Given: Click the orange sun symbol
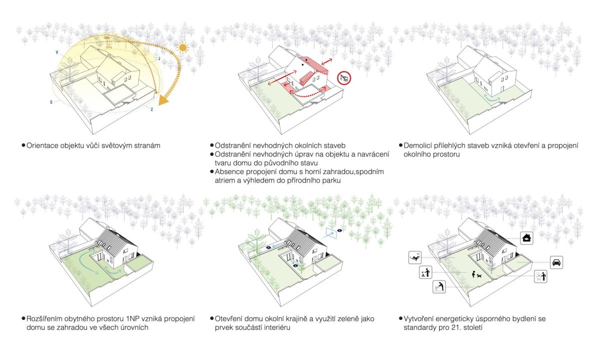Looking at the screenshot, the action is pyautogui.click(x=182, y=47).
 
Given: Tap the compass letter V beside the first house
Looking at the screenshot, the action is pyautogui.click(x=57, y=52).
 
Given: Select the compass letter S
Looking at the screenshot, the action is pyautogui.click(x=51, y=102).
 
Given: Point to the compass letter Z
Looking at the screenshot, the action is pyautogui.click(x=152, y=109).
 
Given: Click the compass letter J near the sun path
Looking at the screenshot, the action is pyautogui.click(x=159, y=58).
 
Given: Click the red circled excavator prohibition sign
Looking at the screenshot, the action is pyautogui.click(x=344, y=78).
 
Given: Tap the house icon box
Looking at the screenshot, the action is pyautogui.click(x=526, y=238).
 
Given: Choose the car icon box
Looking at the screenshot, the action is pyautogui.click(x=556, y=262).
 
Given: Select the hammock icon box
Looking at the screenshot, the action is pyautogui.click(x=415, y=257).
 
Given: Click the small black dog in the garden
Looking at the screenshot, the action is pyautogui.click(x=479, y=275).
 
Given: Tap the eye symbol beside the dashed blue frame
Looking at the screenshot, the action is pyautogui.click(x=339, y=230).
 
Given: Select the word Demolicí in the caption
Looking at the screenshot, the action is pyautogui.click(x=417, y=145).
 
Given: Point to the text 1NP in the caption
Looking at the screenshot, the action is pyautogui.click(x=132, y=319).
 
